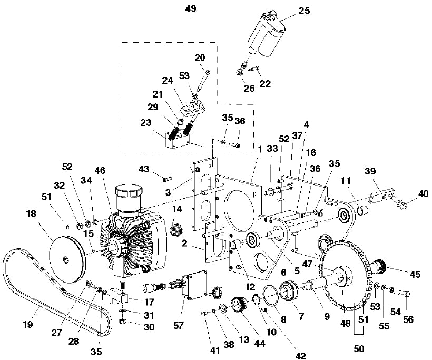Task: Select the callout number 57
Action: point(179,325)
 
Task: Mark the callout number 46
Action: point(100,171)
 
